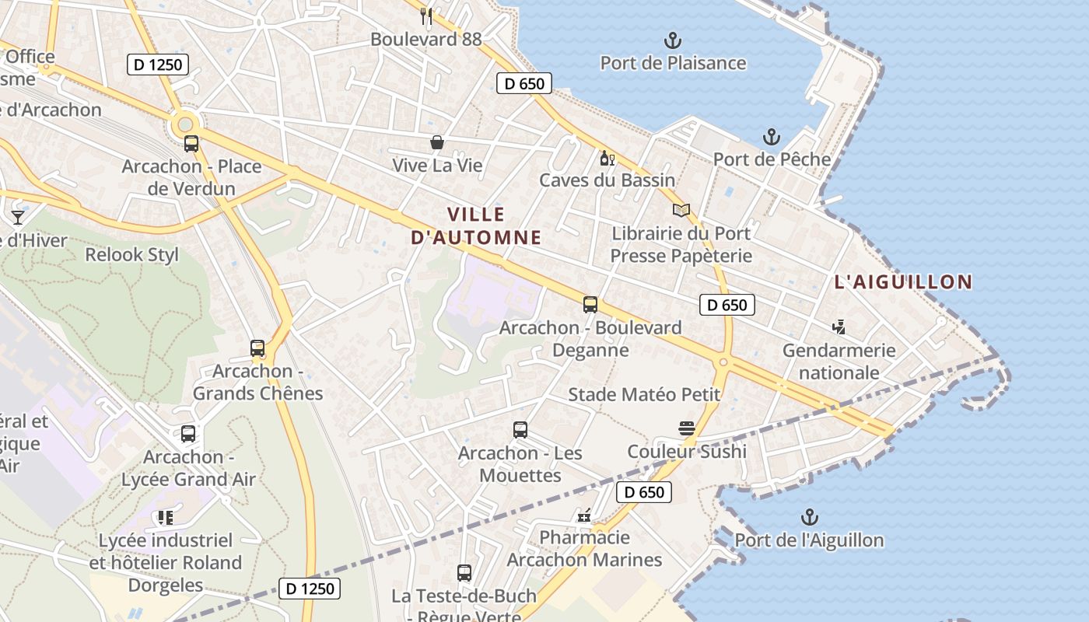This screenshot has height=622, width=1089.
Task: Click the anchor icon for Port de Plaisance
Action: [x=672, y=40]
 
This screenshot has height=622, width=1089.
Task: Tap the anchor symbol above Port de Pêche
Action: [x=771, y=138]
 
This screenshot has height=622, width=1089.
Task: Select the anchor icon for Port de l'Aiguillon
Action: [x=810, y=517]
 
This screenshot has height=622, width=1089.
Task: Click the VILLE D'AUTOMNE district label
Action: [x=476, y=225]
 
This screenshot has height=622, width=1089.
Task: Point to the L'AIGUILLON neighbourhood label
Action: [x=903, y=282]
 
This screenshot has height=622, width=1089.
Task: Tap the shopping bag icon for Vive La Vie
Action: [x=437, y=142]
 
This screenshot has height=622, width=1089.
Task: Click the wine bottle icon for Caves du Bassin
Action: [x=607, y=158]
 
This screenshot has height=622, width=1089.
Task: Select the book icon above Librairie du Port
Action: [x=681, y=210]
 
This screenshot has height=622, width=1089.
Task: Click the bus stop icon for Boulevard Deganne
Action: [x=590, y=305]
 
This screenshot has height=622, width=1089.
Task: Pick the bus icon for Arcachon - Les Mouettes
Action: [x=520, y=429]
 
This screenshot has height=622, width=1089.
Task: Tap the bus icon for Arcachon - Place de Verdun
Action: [x=191, y=143]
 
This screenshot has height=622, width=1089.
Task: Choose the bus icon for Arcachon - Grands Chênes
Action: [x=257, y=348]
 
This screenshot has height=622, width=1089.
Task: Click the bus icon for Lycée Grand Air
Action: [x=188, y=434]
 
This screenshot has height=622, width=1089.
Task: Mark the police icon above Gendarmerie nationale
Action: [x=839, y=327]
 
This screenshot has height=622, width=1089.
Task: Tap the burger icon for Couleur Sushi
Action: [x=686, y=428]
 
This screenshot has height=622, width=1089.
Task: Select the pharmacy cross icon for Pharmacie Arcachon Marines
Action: [x=584, y=515]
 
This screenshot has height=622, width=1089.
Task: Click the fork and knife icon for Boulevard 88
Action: [x=425, y=16]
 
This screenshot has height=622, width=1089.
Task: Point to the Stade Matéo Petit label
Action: [x=644, y=394]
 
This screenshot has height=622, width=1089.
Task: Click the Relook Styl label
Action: [x=131, y=254]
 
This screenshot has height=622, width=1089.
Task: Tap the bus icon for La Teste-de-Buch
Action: [x=464, y=573]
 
